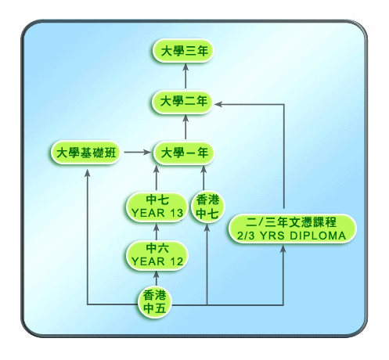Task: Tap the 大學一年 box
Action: coord(184,153)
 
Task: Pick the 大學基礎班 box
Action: coord(85,153)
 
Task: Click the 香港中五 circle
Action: coord(154,302)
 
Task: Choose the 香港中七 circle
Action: coord(207,207)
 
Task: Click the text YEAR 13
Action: coord(157,213)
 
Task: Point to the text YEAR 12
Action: coord(157,261)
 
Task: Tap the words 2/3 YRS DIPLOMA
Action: coord(291,236)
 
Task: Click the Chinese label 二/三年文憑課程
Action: coord(291,222)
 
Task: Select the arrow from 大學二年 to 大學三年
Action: coord(185,76)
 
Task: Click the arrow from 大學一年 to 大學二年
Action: coord(185,127)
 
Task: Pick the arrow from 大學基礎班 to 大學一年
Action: coord(138,152)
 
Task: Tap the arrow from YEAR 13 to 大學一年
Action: coord(157,178)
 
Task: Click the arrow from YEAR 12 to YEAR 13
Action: coord(157,232)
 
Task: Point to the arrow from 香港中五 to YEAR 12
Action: coord(157,279)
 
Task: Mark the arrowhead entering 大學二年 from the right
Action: coord(218,104)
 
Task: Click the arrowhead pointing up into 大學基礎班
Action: coord(88,173)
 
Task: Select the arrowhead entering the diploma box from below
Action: coord(283,249)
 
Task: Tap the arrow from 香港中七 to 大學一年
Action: coord(204,178)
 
